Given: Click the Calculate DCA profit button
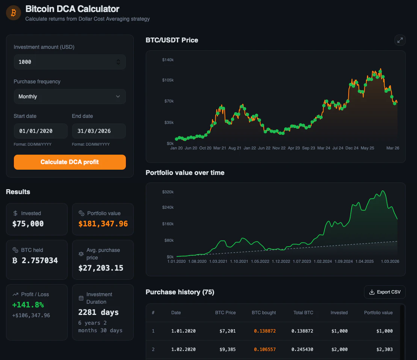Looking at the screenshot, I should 69,162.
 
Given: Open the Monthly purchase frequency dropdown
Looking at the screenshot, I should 69,96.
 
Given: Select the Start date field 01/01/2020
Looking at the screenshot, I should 40,131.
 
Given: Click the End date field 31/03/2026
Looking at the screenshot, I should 98,131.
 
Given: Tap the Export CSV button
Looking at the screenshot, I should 385,292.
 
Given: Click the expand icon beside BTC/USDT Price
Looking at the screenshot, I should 400,40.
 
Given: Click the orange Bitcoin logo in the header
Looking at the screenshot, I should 14,13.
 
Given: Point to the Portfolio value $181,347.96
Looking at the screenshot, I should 103,224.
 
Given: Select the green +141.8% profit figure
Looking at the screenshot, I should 28,305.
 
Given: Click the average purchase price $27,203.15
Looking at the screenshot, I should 101,268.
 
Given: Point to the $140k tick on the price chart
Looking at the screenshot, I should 168,60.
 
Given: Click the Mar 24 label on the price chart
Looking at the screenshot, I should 323,148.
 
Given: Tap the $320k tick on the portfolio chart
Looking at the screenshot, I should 168,192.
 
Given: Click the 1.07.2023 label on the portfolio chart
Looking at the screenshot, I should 302,261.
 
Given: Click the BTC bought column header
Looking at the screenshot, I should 264,313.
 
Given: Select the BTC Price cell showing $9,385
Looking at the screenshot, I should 228,349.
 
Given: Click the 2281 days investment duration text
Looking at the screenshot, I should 98,312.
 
